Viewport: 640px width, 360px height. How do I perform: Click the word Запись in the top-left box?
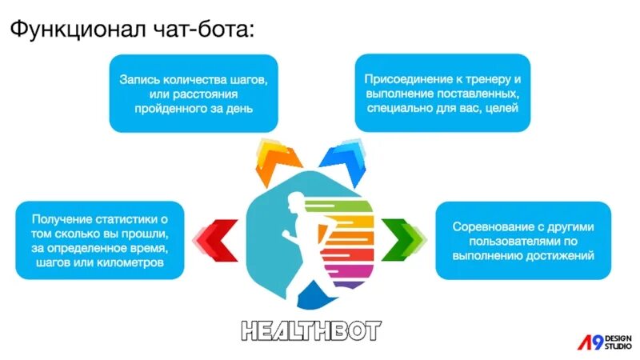[x=142, y=80]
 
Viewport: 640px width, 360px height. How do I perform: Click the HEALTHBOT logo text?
[x=312, y=330]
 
